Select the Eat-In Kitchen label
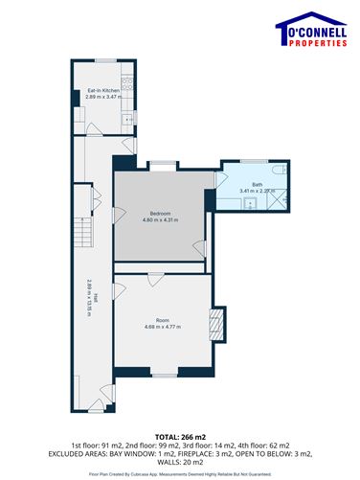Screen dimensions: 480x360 [102, 91]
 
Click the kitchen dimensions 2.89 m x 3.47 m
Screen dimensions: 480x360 [102, 98]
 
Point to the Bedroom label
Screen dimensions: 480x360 [160, 213]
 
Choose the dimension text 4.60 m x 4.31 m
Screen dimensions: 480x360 [160, 219]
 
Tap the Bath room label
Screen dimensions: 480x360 [257, 184]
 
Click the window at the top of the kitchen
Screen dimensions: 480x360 [103, 61]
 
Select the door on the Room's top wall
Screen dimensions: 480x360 [123, 286]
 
